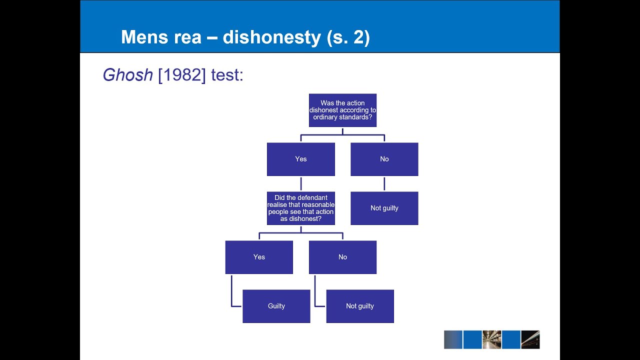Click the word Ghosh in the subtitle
[x=127, y=75]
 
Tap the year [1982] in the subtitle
[x=182, y=75]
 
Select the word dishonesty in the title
[x=271, y=37]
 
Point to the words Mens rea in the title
[x=161, y=37]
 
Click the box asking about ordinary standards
[x=342, y=110]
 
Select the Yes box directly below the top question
[x=301, y=159]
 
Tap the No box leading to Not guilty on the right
[x=384, y=159]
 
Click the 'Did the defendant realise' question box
[x=301, y=208]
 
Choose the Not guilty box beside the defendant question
[x=384, y=208]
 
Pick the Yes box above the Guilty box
[x=259, y=257]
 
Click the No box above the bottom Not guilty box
[x=342, y=257]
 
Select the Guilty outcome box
[x=276, y=306]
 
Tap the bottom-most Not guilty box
[x=360, y=306]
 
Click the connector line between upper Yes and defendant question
[x=301, y=183]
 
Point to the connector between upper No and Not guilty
[x=384, y=183]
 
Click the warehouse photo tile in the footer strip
[x=491, y=339]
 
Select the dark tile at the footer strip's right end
[x=530, y=339]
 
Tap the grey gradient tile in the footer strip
[x=453, y=339]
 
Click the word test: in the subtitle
[x=227, y=75]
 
